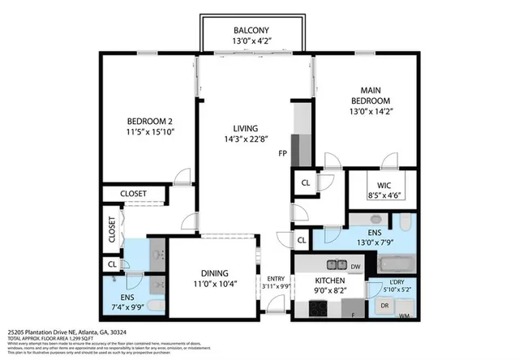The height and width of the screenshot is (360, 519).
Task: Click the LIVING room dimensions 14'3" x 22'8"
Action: click(x=246, y=139)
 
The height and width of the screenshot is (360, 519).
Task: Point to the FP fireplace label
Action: click(x=282, y=153)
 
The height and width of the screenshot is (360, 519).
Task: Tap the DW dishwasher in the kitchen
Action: click(x=354, y=265)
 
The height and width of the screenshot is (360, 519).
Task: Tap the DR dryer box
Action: click(x=385, y=305)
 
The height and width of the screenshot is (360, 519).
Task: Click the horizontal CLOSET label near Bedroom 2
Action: click(x=134, y=193)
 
